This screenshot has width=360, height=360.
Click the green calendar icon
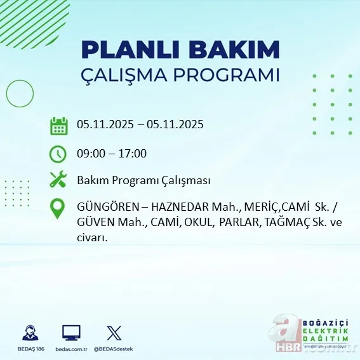click(58, 126)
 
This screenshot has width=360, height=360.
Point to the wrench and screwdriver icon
click(58, 180)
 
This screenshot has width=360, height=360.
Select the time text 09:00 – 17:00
click(112, 154)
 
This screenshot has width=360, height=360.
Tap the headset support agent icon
click(30, 333)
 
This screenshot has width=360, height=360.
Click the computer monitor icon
click(71, 333)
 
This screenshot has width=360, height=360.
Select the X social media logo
click(113, 333)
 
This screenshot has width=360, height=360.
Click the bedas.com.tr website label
click(71, 349)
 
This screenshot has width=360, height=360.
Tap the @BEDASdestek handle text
click(113, 349)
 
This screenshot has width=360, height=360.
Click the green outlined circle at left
click(20, 95)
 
